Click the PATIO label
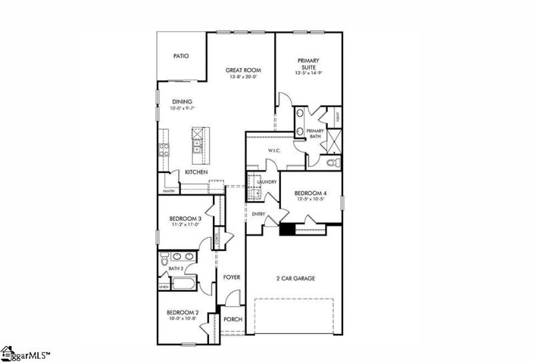click(181, 56)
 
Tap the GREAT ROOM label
click(242, 70)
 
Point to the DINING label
click(182, 102)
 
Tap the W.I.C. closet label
click(274, 151)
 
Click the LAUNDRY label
click(267, 182)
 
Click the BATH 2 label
click(176, 268)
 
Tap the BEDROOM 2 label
click(182, 312)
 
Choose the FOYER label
click(232, 277)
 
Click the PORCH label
click(233, 319)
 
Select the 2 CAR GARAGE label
click(296, 278)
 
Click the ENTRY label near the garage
click(258, 214)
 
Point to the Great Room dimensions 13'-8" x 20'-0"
click(242, 77)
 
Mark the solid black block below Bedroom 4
click(287, 229)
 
